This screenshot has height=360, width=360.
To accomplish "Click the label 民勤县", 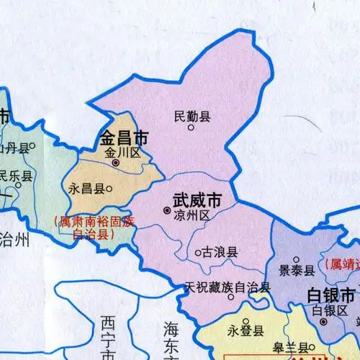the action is click(x=192, y=115).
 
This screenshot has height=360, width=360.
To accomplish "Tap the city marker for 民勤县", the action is click(x=191, y=128).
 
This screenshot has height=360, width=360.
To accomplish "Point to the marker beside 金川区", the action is click(x=116, y=163).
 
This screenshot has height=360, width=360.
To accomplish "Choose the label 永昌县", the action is click(x=86, y=189).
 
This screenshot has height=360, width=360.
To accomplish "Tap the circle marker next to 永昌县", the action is click(x=108, y=189).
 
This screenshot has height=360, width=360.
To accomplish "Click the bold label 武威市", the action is click(x=197, y=198).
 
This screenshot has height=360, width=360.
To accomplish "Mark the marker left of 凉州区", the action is click(x=167, y=211).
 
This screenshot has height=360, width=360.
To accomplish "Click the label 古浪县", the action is click(x=220, y=253).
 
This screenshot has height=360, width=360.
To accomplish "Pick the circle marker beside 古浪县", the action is click(x=197, y=253).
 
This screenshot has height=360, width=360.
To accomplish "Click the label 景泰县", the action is click(x=297, y=271).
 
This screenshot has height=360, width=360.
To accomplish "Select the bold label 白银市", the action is click(x=330, y=295).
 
